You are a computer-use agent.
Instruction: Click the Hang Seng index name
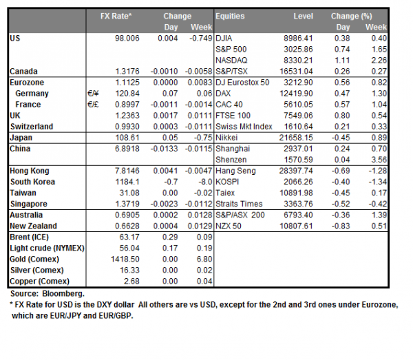[x=235, y=170]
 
